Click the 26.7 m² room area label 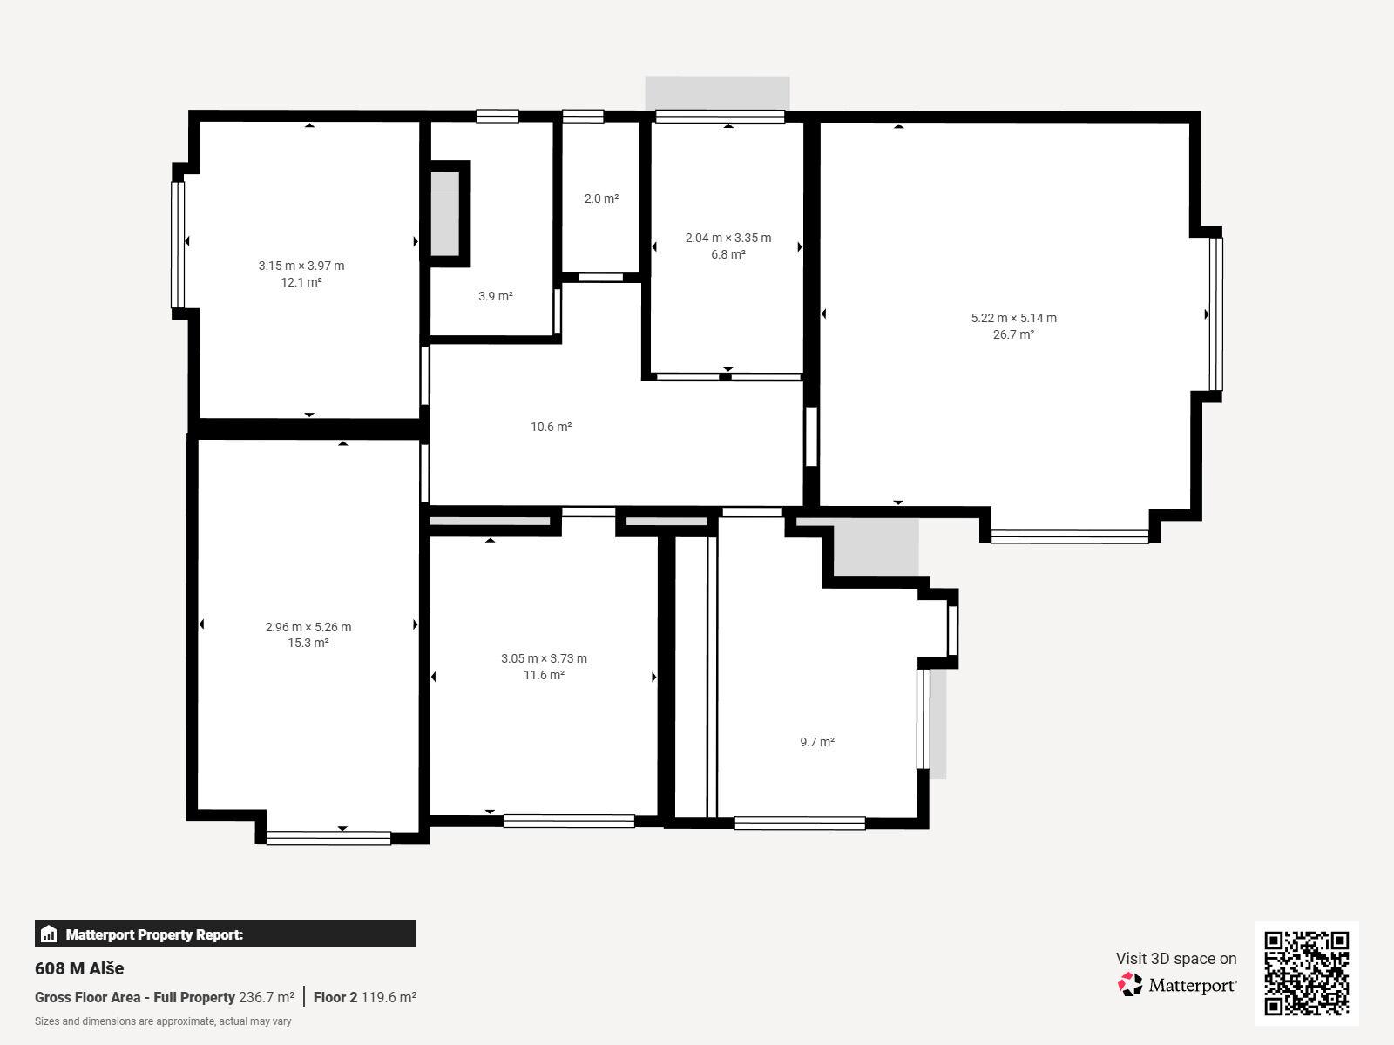tap(1013, 334)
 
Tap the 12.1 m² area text tap(301, 282)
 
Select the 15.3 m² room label tap(308, 643)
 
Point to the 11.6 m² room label tap(544, 675)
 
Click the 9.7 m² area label tap(817, 742)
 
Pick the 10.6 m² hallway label tap(552, 427)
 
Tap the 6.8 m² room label tap(727, 254)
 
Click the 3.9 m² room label tap(496, 296)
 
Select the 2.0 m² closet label tap(601, 199)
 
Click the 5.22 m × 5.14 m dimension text tap(1013, 318)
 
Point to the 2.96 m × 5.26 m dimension tap(308, 627)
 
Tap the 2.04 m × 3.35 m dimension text tap(727, 238)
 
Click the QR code tap(1306, 974)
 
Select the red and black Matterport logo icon tap(1130, 985)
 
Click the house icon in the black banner tap(49, 934)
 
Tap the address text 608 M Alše tap(79, 968)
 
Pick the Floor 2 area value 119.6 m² tap(389, 997)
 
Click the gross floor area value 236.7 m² tap(266, 997)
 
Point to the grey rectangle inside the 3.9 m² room tap(445, 214)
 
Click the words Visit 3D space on tap(1176, 959)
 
